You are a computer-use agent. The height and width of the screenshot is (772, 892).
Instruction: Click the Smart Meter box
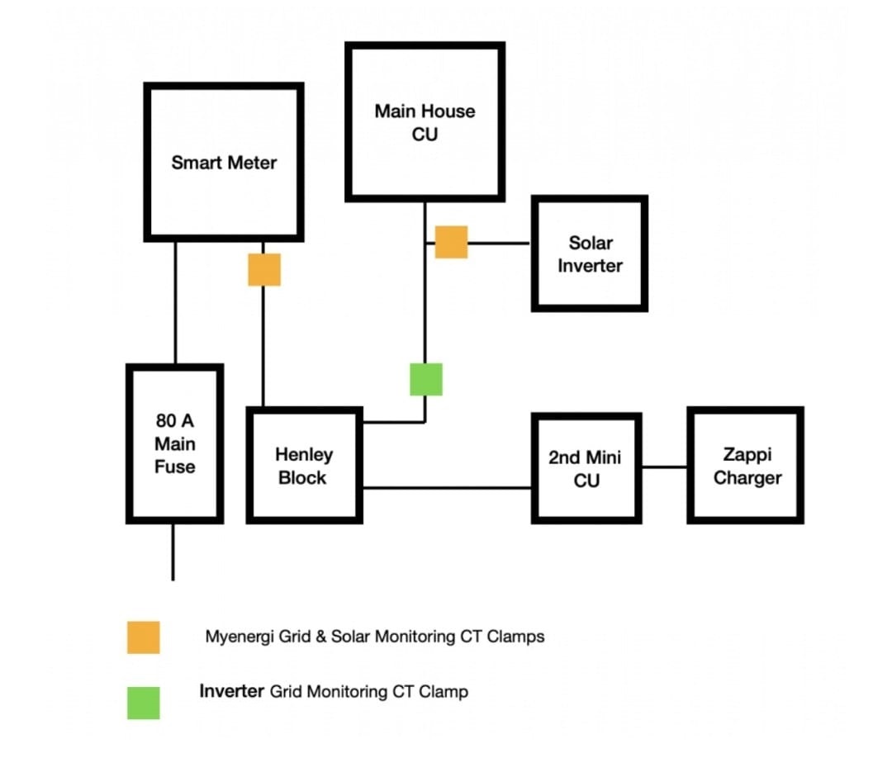coord(223,162)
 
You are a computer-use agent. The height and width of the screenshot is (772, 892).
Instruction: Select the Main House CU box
coord(425,121)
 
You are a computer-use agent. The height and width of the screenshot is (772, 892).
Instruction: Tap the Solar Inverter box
coord(589,253)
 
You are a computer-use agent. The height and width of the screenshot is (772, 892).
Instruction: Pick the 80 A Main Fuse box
coord(174,443)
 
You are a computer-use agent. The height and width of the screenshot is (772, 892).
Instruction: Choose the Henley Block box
coord(304,465)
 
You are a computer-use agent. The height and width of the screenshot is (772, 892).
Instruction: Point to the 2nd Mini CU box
coord(586,467)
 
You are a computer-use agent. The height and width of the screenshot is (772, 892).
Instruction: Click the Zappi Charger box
coord(746,466)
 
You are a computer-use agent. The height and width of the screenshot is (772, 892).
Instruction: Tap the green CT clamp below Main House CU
coord(425,379)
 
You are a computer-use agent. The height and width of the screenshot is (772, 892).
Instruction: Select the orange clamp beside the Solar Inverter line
coord(451,242)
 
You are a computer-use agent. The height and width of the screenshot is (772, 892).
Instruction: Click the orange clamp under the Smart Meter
coord(263,269)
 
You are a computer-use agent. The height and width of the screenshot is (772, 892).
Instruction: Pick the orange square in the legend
coord(143,637)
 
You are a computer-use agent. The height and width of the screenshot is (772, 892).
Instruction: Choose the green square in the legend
coord(143,703)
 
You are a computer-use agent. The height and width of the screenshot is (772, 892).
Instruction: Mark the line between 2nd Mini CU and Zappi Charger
coord(665,467)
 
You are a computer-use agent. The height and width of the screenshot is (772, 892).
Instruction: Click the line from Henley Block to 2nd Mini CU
coord(446,487)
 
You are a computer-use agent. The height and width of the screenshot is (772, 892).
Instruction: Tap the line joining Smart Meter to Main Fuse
coord(175,301)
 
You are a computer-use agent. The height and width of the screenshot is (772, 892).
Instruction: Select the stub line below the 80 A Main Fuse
coord(173,552)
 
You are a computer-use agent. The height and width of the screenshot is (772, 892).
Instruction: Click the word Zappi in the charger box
coord(746,454)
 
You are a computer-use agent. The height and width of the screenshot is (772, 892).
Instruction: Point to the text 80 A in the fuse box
coord(174,420)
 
